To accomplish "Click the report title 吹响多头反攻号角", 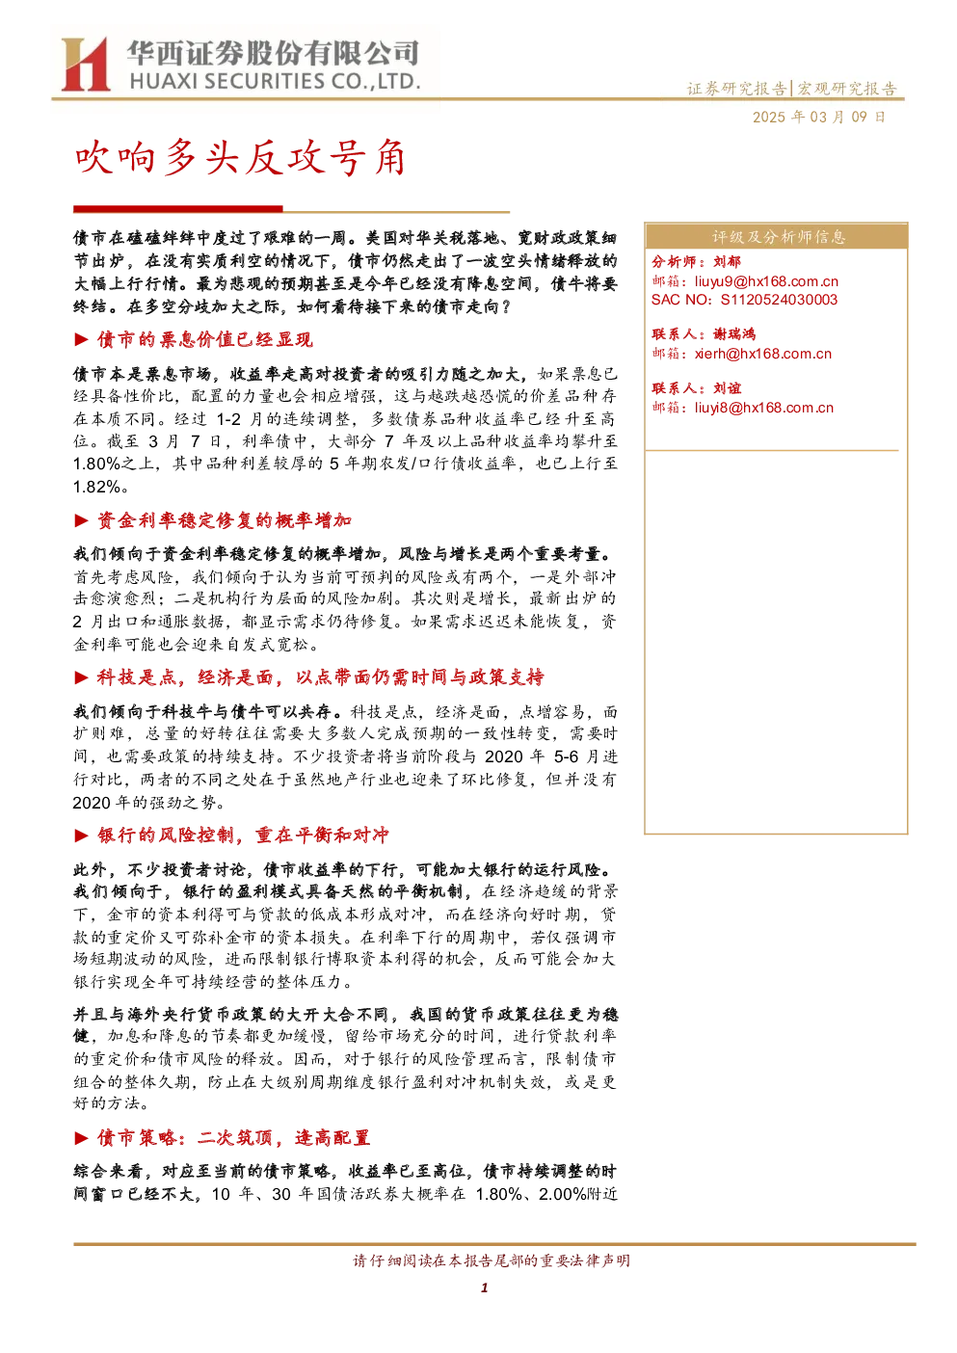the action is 240,158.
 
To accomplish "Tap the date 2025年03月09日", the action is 818,117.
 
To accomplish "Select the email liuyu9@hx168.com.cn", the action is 766,281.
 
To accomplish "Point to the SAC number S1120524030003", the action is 779,300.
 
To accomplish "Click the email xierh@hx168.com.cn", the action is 762,354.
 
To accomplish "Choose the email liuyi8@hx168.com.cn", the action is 763,408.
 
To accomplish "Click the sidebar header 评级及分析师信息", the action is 778,237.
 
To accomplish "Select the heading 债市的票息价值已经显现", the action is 205,339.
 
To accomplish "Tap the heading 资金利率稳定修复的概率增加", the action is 225,520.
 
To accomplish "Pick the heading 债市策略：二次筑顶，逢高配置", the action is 234,1137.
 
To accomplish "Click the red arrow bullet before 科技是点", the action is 82,677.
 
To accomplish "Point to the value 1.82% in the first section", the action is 96,487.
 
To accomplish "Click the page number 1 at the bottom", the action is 484,1288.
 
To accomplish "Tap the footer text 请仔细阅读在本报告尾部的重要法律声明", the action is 492,1260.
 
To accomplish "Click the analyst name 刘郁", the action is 727,262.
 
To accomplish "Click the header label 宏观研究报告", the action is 847,89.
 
